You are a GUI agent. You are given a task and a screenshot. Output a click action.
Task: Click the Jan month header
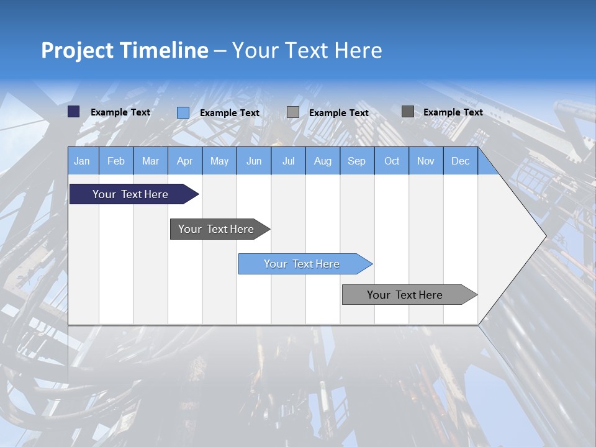[82, 161]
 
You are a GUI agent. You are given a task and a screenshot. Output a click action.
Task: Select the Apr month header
[185, 161]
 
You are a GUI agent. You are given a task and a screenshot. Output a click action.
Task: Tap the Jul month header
[288, 161]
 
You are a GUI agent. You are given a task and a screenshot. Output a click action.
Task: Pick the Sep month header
[356, 161]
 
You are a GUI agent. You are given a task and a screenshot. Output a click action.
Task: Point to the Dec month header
[460, 161]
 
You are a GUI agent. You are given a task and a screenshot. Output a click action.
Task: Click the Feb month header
[116, 161]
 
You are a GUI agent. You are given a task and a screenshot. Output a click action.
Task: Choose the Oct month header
[392, 161]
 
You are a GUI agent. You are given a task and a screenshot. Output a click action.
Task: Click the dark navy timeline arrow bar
[130, 194]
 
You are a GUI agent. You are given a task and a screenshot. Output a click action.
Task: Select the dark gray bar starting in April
[216, 229]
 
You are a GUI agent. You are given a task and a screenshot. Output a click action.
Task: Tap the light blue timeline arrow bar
[302, 264]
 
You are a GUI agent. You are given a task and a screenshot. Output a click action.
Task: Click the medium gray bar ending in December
[405, 295]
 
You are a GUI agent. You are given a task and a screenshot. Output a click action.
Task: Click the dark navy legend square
[73, 112]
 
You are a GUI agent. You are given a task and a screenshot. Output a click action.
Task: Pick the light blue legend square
[183, 112]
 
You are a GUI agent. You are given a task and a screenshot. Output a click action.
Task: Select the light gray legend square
[293, 112]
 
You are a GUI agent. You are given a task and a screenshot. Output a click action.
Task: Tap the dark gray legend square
[407, 112]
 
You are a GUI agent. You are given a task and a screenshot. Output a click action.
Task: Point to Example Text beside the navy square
[120, 112]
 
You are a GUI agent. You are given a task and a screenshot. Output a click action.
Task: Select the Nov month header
[426, 161]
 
